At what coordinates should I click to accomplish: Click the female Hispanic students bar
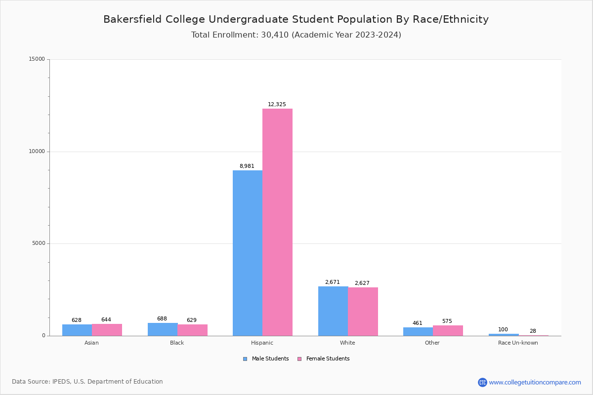(277, 222)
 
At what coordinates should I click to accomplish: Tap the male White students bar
(333, 311)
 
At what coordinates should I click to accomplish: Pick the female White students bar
(363, 312)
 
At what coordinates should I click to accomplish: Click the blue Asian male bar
(77, 330)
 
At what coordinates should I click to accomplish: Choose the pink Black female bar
(192, 330)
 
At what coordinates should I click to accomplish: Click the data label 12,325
(277, 105)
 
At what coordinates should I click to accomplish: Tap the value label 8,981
(247, 166)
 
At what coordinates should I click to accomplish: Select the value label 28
(533, 331)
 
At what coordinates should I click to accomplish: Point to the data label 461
(418, 323)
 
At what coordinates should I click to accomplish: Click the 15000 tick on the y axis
(38, 59)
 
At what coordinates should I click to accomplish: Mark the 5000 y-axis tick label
(39, 243)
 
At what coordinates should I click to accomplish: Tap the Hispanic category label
(262, 343)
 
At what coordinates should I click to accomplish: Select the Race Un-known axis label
(518, 343)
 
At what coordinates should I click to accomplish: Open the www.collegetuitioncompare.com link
(535, 382)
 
